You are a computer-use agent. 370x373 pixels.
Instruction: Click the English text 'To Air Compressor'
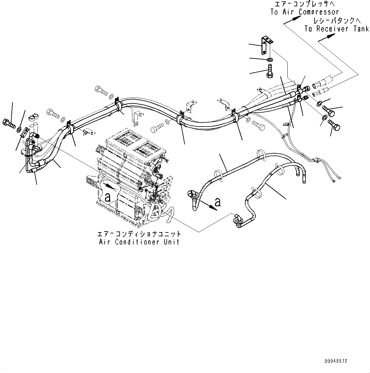[x=304, y=12]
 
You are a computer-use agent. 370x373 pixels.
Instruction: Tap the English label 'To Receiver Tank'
[x=337, y=29]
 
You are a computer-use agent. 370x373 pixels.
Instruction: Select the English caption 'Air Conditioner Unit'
[x=139, y=242]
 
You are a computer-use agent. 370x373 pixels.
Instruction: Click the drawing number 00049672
[x=336, y=361]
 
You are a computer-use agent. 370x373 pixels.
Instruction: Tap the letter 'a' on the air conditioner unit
[x=108, y=197]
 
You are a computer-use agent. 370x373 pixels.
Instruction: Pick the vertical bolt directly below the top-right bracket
[x=269, y=71]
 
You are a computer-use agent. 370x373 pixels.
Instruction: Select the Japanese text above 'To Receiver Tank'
[x=337, y=21]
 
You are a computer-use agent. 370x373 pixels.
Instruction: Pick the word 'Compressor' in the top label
[x=319, y=12]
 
